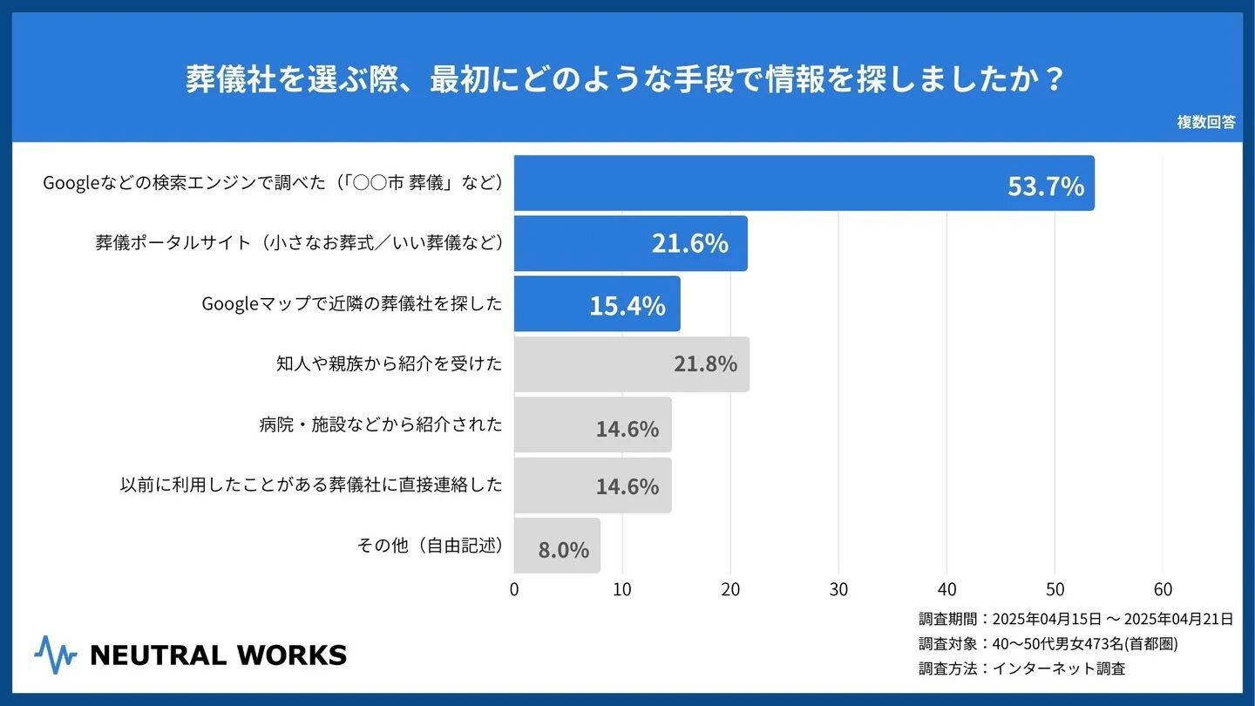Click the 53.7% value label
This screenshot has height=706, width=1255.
[x=1046, y=186]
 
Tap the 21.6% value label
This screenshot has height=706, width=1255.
[x=689, y=244]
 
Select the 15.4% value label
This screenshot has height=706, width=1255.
[x=627, y=305]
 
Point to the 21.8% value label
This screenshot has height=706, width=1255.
[x=705, y=363]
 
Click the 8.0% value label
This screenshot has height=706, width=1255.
[x=564, y=550]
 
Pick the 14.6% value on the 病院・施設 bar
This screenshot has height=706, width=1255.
[x=627, y=429]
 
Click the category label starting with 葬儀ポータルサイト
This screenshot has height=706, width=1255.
[x=299, y=243]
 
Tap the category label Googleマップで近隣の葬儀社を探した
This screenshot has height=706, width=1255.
[x=352, y=303]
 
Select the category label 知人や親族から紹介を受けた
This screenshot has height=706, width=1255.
[x=389, y=363]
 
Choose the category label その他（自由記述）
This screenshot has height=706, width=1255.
[x=431, y=546]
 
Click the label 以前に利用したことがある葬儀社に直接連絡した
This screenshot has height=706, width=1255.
[x=311, y=485]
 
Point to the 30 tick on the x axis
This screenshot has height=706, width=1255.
[x=838, y=589]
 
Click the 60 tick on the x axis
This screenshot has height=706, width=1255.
[x=1163, y=589]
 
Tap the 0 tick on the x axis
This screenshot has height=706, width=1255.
[x=514, y=589]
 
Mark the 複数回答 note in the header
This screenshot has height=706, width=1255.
[x=1206, y=122]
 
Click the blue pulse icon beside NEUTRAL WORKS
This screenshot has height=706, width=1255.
[x=56, y=655]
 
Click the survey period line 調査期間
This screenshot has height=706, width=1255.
[x=1075, y=619]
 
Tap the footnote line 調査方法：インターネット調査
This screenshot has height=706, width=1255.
[x=1021, y=669]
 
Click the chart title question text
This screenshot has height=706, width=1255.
[x=626, y=80]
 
